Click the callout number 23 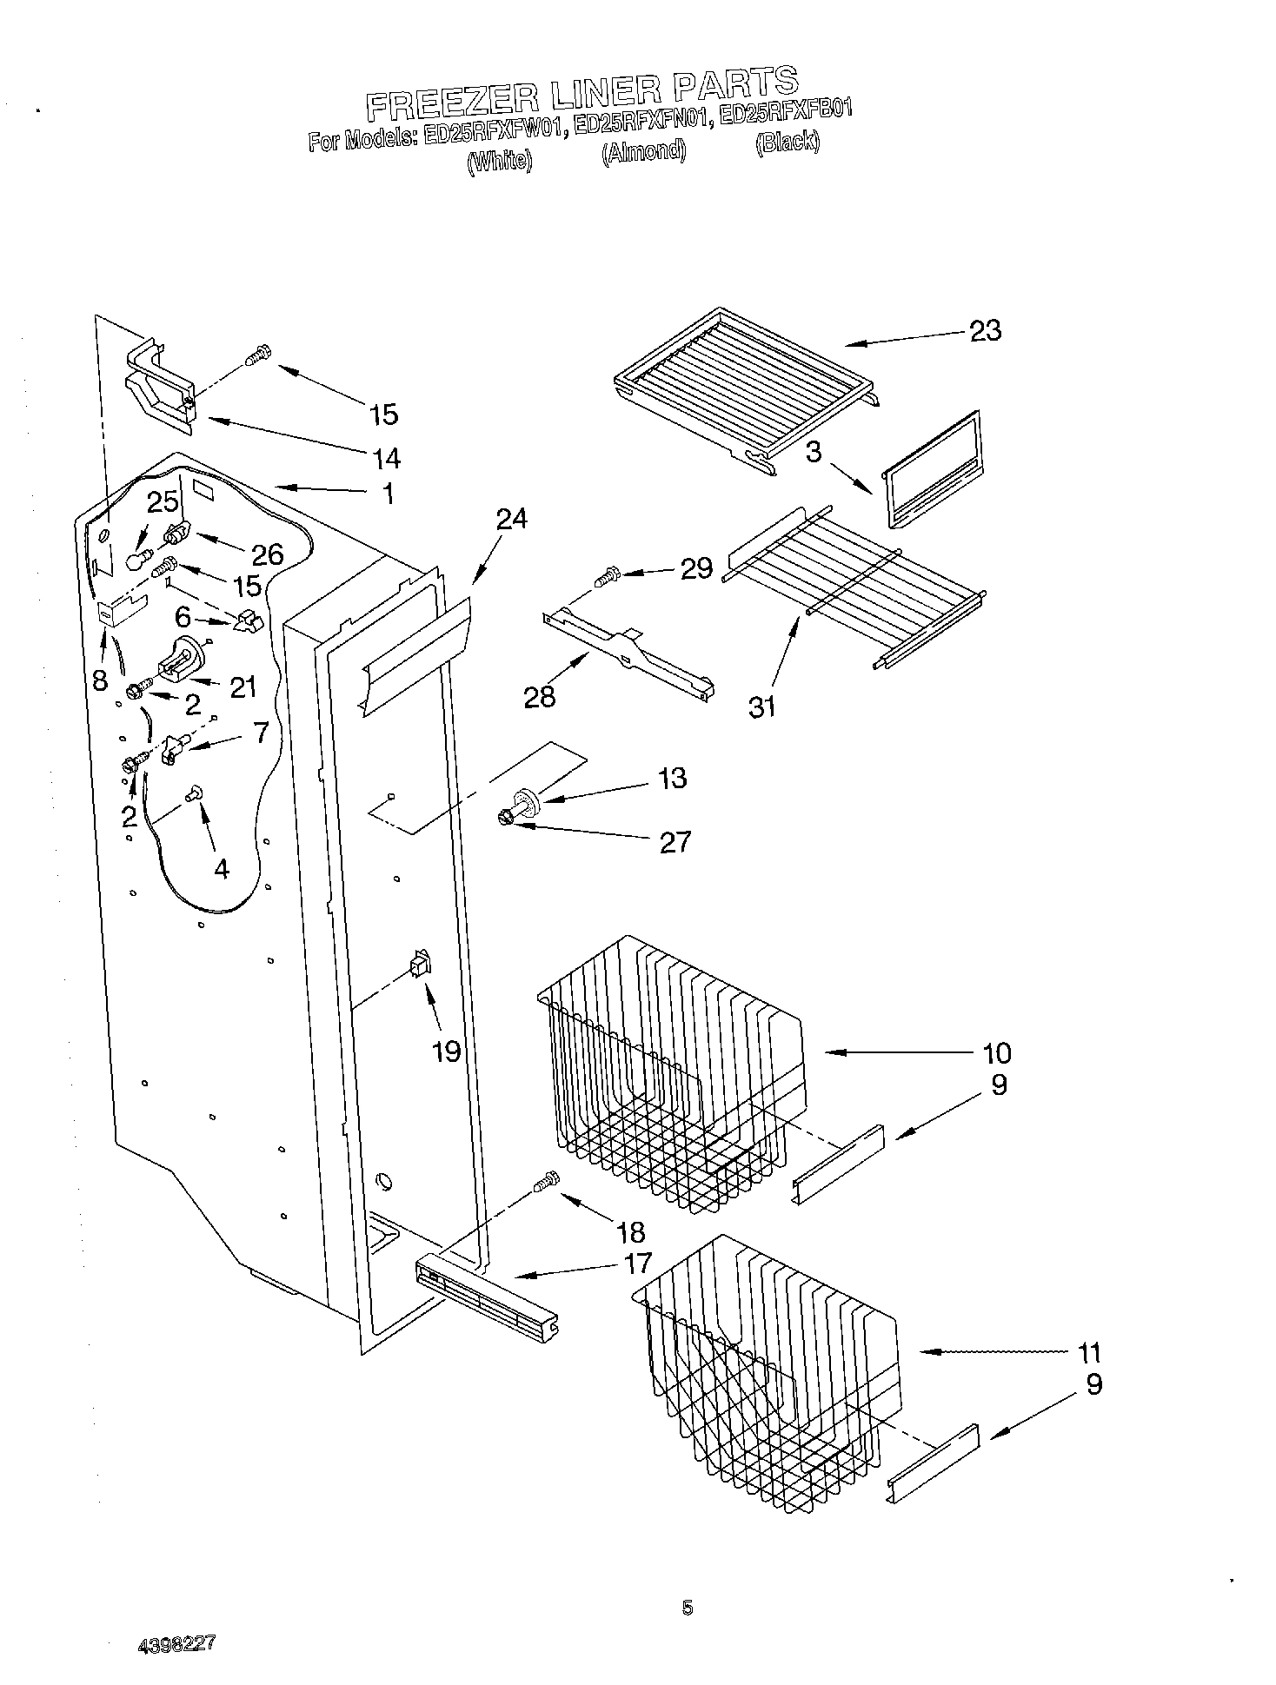pyautogui.click(x=985, y=331)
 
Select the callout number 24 pyautogui.click(x=512, y=519)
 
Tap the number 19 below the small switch pyautogui.click(x=446, y=1051)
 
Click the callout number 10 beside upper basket pyautogui.click(x=996, y=1053)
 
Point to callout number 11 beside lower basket pyautogui.click(x=1088, y=1353)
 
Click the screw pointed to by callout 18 pyautogui.click(x=546, y=1182)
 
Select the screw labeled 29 pyautogui.click(x=606, y=575)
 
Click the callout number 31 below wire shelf pyautogui.click(x=761, y=707)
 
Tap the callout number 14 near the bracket pyautogui.click(x=386, y=457)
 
